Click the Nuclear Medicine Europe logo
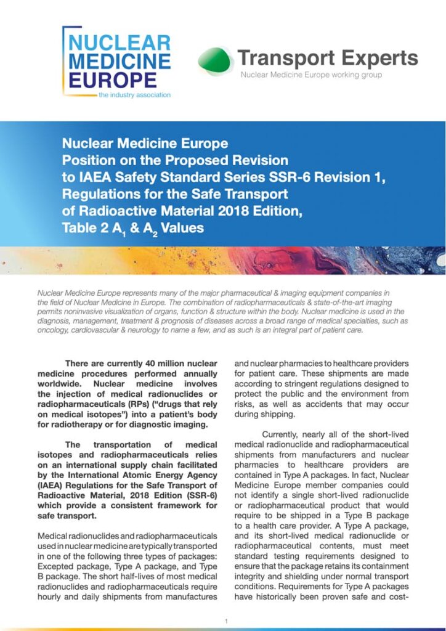click(x=117, y=62)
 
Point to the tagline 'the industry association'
click(x=134, y=95)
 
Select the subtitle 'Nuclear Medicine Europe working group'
click(x=311, y=75)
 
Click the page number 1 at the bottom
click(x=226, y=621)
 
